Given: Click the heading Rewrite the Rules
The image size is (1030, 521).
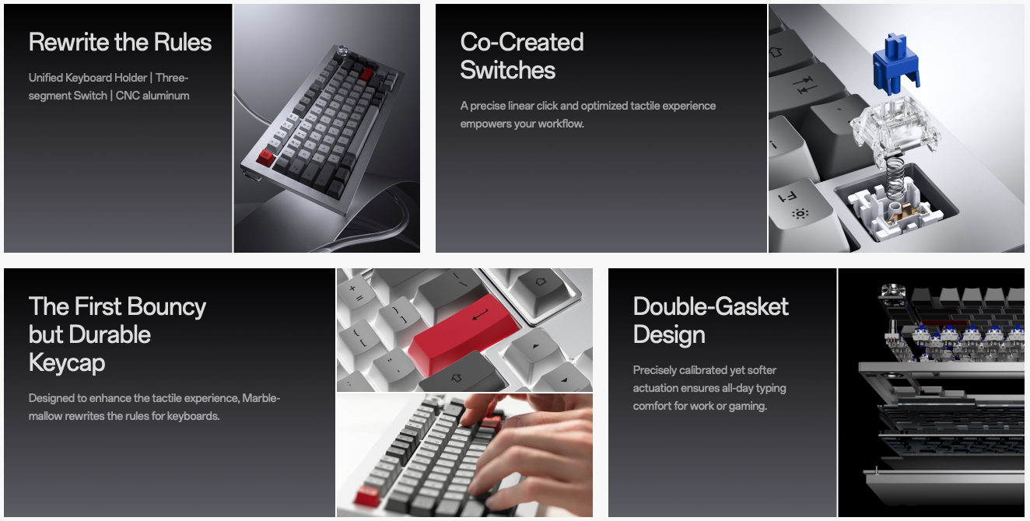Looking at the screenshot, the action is tap(120, 42).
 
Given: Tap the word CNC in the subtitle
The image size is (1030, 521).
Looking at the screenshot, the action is tap(128, 96).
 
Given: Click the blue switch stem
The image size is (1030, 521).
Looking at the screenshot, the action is tap(895, 64).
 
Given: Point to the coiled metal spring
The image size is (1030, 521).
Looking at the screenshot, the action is tap(895, 177).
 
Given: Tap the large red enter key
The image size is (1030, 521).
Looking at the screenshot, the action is tap(464, 335).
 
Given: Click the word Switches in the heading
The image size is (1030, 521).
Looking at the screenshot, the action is tap(508, 70).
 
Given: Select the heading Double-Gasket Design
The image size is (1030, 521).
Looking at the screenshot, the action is tap(711, 320).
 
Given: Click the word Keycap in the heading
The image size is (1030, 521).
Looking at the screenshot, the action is tap(67, 363).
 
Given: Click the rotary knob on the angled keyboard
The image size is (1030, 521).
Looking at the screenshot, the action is tap(343, 51).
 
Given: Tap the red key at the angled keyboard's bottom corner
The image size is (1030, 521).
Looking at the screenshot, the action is tap(266, 158).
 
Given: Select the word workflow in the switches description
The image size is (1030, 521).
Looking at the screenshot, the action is tap(561, 124).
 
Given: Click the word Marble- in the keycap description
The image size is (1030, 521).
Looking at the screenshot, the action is tap(261, 398).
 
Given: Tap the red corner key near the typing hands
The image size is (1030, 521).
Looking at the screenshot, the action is tap(367, 496).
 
